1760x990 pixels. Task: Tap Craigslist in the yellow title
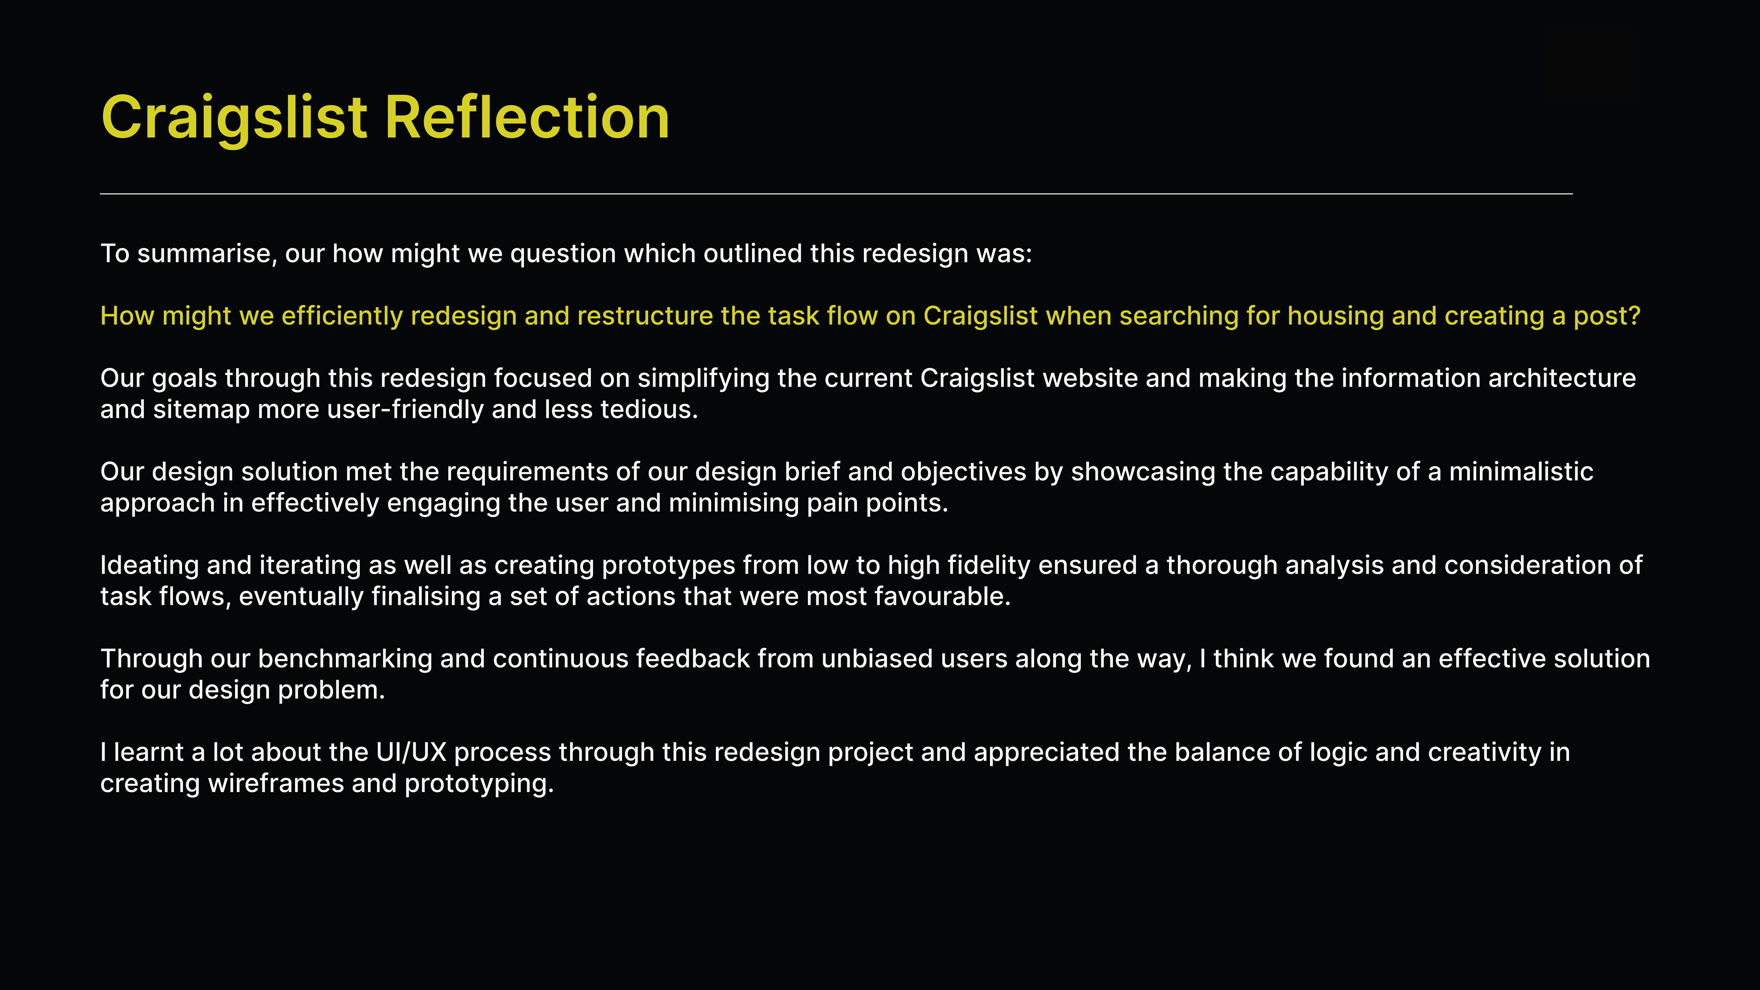click(x=234, y=120)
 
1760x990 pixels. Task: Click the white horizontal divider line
click(x=836, y=194)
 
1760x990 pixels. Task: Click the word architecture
click(x=1562, y=379)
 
